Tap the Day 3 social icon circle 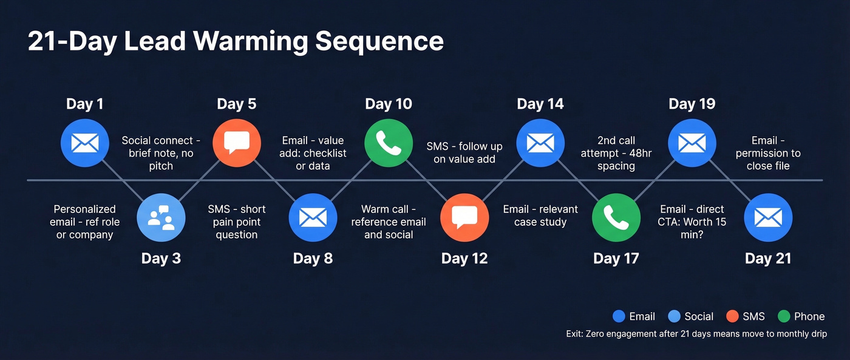(x=161, y=218)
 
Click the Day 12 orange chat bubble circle (x=464, y=218)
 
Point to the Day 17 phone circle (x=616, y=218)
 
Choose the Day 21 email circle (x=768, y=218)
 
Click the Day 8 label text (x=313, y=259)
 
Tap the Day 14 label (x=540, y=104)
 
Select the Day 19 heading (x=692, y=104)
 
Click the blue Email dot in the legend (x=619, y=316)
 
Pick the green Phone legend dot (x=784, y=316)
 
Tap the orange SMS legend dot (x=732, y=316)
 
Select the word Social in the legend (x=699, y=316)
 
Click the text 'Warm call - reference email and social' (x=389, y=222)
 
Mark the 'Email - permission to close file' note (x=768, y=153)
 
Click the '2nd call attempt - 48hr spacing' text (x=616, y=153)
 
